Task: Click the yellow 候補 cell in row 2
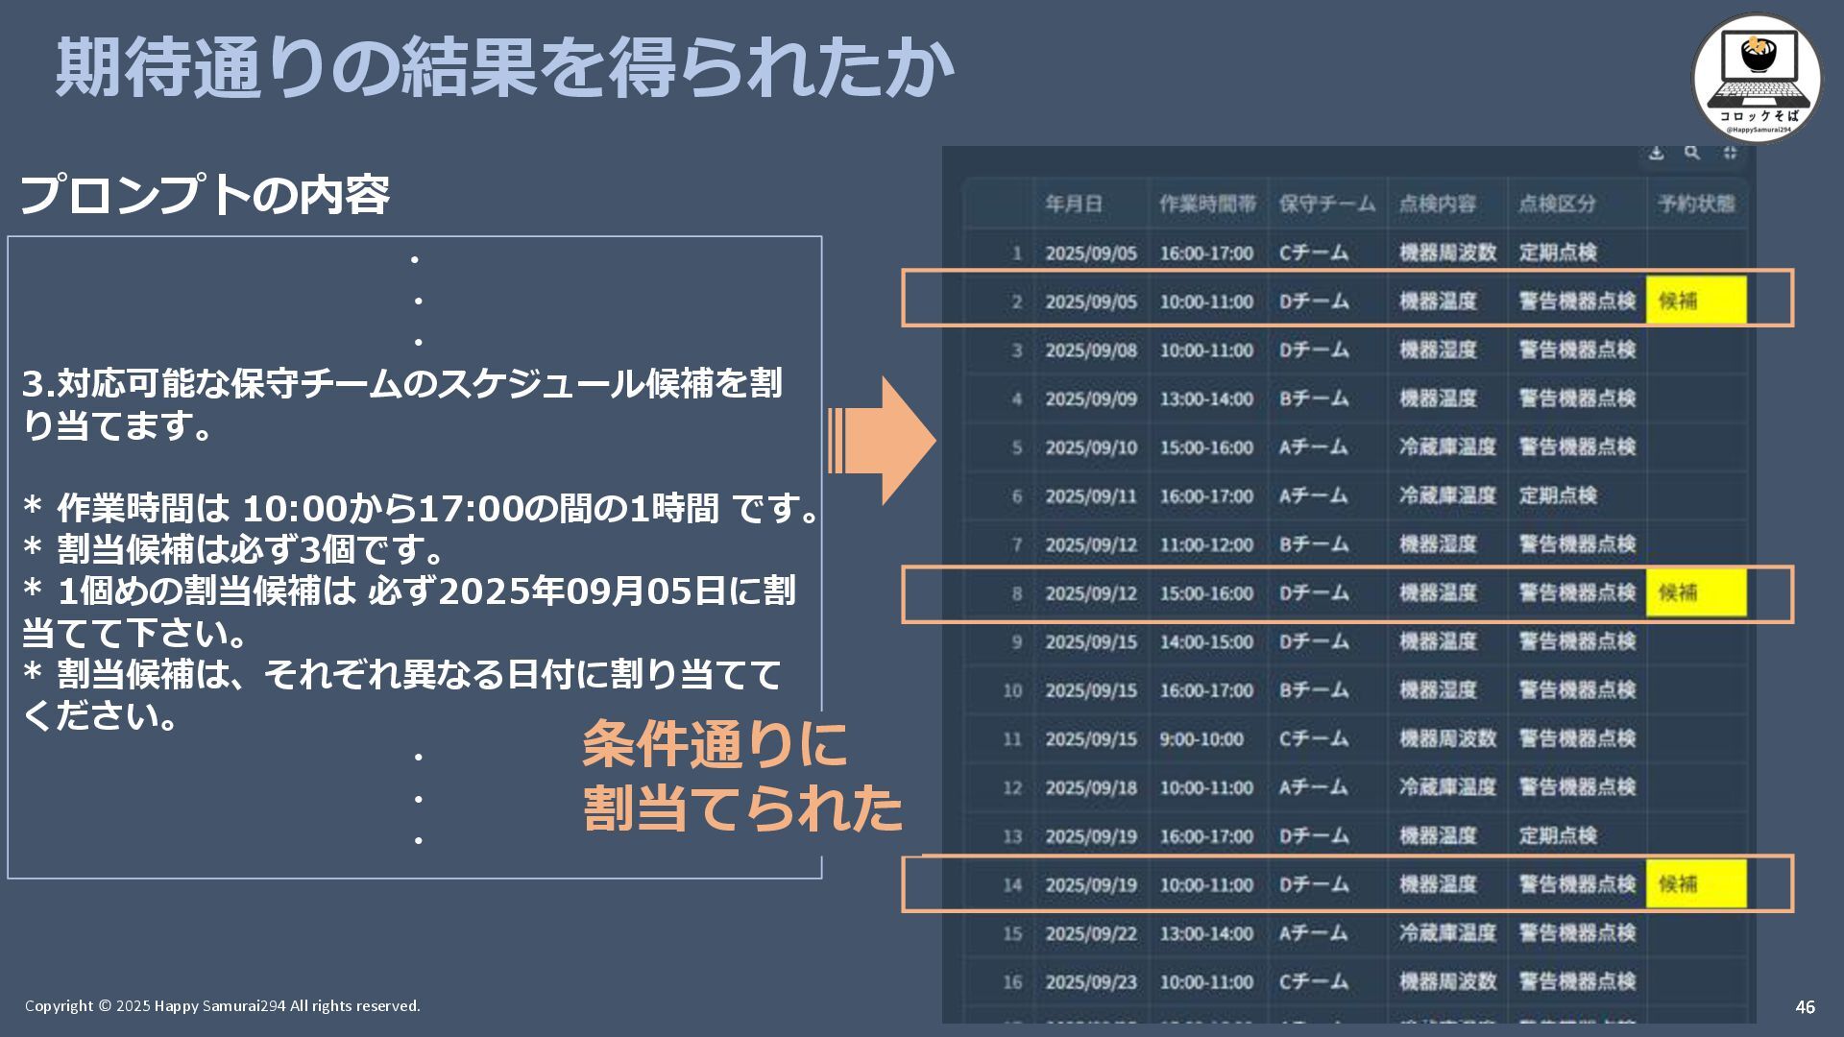click(1695, 301)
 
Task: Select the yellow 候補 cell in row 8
click(1695, 592)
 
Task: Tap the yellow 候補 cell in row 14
click(1695, 883)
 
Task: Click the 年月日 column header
click(1074, 204)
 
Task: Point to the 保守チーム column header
click(1326, 204)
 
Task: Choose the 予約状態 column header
click(1695, 204)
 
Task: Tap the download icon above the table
click(1656, 154)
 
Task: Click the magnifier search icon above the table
click(1692, 154)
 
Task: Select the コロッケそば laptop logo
click(1756, 77)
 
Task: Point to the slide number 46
click(1805, 1007)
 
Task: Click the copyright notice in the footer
click(223, 1006)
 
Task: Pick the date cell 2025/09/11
click(1090, 496)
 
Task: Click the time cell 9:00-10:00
click(1201, 739)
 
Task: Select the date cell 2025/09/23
click(1090, 982)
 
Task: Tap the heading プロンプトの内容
click(205, 195)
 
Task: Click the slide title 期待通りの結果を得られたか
click(504, 67)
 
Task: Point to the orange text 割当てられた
click(742, 808)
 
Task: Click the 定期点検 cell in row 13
click(1557, 836)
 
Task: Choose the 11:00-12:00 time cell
click(1205, 544)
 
